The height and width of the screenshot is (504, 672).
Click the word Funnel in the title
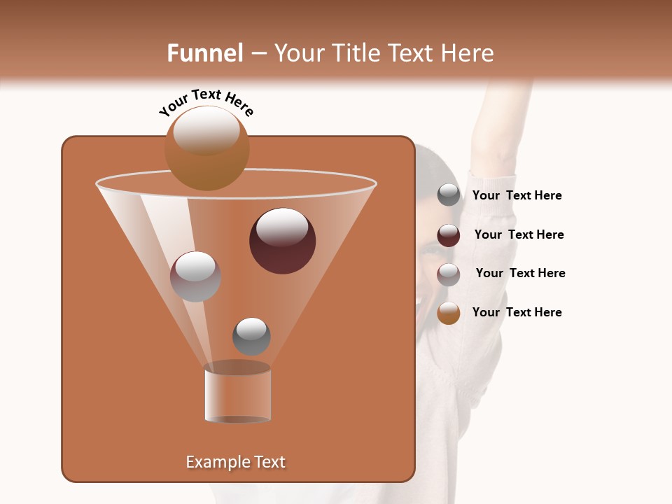click(x=205, y=53)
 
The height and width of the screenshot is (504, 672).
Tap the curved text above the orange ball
click(x=206, y=101)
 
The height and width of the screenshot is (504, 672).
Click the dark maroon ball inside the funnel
click(x=282, y=241)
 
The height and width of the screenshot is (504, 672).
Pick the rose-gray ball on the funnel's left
click(x=195, y=276)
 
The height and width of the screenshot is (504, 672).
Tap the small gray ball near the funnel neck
click(x=251, y=336)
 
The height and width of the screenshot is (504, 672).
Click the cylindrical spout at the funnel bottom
click(x=237, y=395)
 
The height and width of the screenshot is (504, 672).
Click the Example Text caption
click(x=236, y=462)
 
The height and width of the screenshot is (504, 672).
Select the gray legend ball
click(x=449, y=195)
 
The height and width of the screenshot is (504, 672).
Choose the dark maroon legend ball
click(x=449, y=235)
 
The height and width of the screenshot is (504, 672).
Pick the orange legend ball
click(x=449, y=313)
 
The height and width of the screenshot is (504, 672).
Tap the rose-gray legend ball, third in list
click(x=449, y=274)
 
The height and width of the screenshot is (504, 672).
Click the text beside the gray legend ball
click(x=517, y=195)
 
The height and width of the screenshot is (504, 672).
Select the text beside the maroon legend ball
click(x=519, y=234)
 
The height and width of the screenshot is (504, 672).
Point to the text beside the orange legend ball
click(x=517, y=312)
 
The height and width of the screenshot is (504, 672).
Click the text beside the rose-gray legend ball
click(x=520, y=273)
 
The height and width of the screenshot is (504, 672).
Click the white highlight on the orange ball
click(x=206, y=132)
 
